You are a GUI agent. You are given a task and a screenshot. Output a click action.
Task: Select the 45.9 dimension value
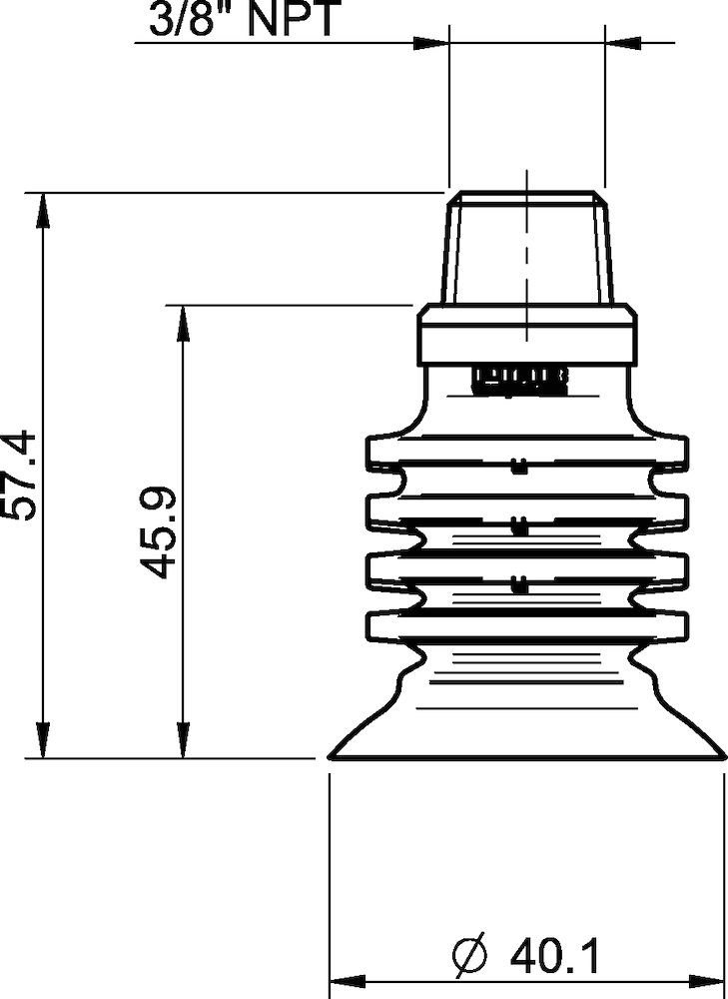tap(159, 531)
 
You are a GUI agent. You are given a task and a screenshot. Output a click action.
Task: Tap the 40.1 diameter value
tap(554, 958)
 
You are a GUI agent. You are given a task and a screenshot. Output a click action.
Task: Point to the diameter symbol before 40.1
tap(469, 958)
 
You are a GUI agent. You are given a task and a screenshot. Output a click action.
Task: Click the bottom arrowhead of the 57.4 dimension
tap(41, 743)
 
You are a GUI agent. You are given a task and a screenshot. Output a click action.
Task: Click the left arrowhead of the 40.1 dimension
tap(345, 981)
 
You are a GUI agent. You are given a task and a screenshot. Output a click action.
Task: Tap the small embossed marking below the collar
tap(519, 380)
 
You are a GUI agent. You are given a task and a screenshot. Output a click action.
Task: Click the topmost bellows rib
tap(526, 452)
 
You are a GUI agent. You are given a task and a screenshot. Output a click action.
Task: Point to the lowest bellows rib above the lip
tap(526, 625)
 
